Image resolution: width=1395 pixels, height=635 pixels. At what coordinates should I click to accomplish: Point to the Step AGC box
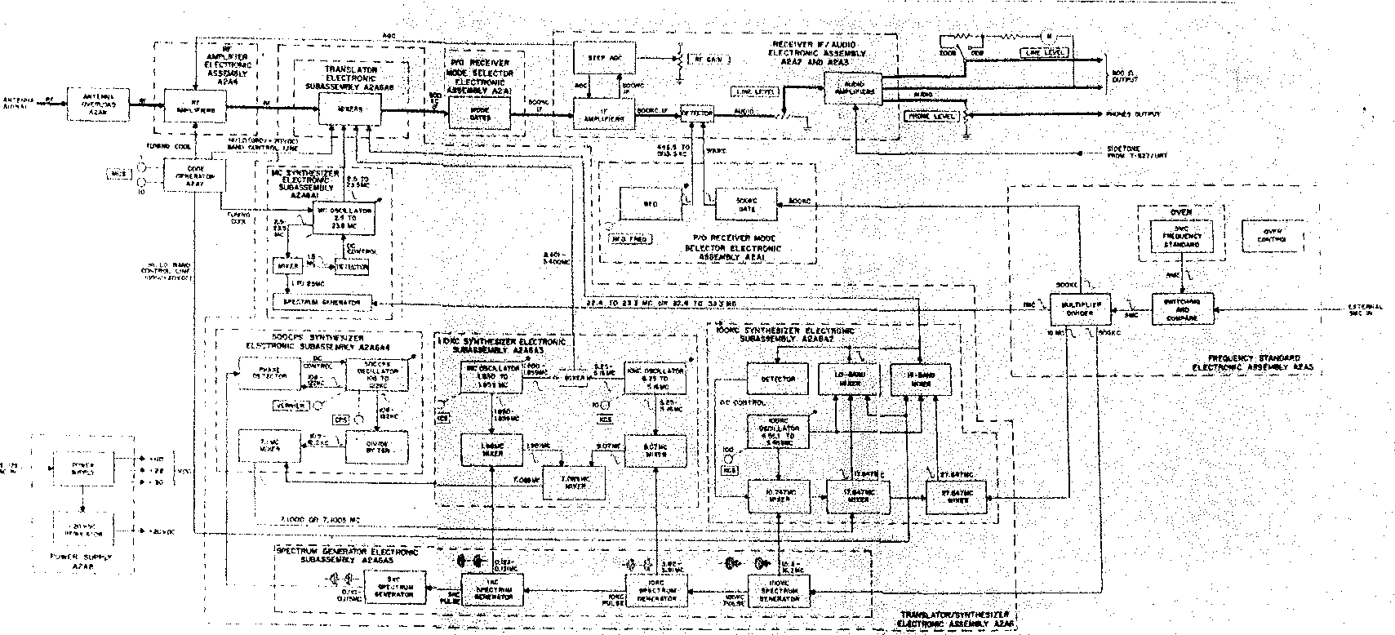click(604, 59)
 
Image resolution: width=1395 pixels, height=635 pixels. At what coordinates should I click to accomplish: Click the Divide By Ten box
click(366, 446)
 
